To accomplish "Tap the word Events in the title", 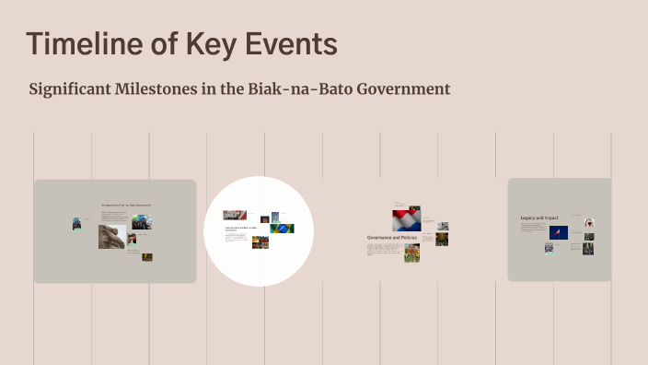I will [294, 44].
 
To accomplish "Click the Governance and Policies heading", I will [393, 238].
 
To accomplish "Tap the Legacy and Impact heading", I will [540, 218].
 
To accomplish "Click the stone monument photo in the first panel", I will [111, 237].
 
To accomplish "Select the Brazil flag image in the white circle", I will [283, 228].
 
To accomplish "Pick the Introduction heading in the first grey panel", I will [125, 204].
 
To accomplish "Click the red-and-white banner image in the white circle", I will [234, 215].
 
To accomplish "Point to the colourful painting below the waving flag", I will [411, 252].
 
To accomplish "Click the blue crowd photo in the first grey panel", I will [141, 222].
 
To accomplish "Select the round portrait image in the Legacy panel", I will [589, 222].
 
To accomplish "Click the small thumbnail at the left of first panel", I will [77, 223].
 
